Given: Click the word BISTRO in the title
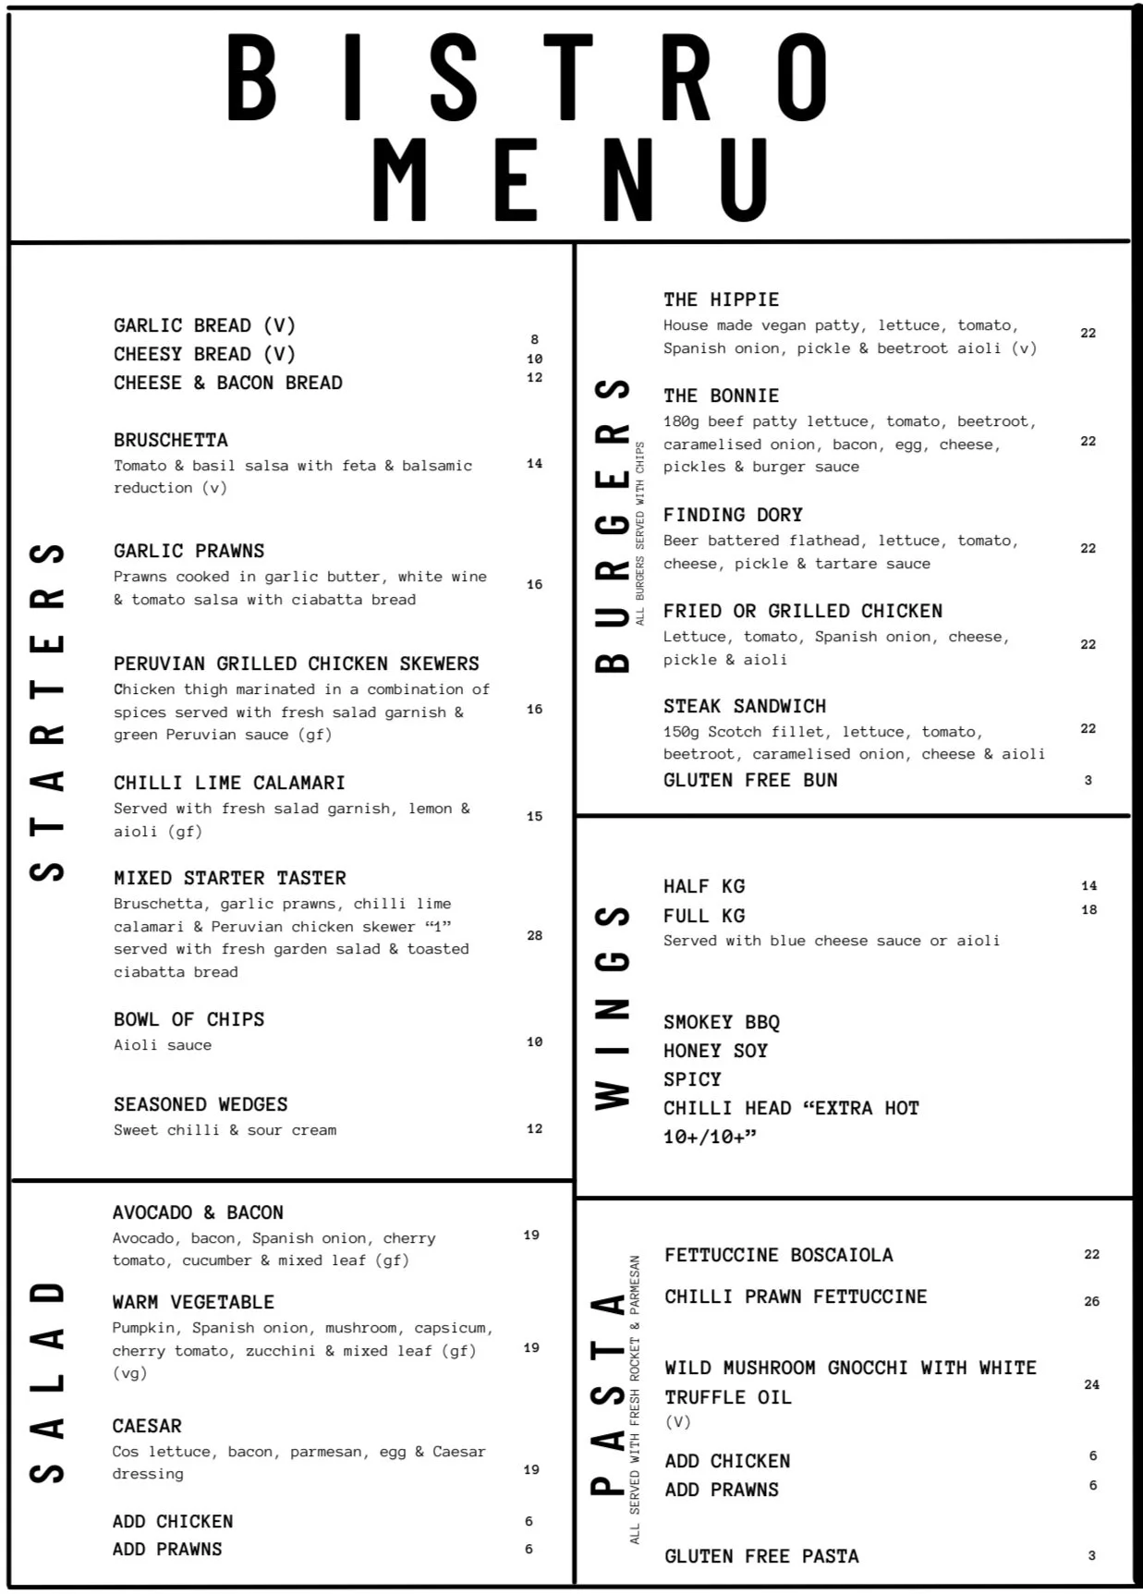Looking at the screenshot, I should coord(527,79).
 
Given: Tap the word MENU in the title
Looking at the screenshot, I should coord(571,180).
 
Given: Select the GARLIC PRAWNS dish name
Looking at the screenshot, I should coord(188,551).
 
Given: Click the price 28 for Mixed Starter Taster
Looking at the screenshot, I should coord(534,935).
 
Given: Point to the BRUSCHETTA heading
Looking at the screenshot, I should coord(170,440).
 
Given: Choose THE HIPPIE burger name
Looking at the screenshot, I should coord(721,299).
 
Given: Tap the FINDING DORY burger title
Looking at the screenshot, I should coord(733,515).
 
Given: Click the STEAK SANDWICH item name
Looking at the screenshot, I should coord(745,706).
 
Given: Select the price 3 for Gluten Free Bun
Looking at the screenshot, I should coord(1088,780).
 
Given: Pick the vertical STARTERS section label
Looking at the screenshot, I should coord(46,712).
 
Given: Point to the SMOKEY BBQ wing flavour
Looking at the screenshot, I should coord(721,1022).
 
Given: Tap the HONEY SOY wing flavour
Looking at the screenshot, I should coord(715,1051).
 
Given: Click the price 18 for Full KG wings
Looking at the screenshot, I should coord(1088,909).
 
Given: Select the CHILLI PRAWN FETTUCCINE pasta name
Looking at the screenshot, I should coord(795,1296).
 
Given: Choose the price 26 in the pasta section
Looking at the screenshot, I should coord(1091,1301).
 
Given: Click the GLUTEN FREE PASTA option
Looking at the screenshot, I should coord(761,1556).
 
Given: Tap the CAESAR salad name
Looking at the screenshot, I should coord(147,1426).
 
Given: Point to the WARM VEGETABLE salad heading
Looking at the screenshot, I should coord(193,1302).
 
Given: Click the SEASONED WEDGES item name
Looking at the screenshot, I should coord(201,1104).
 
